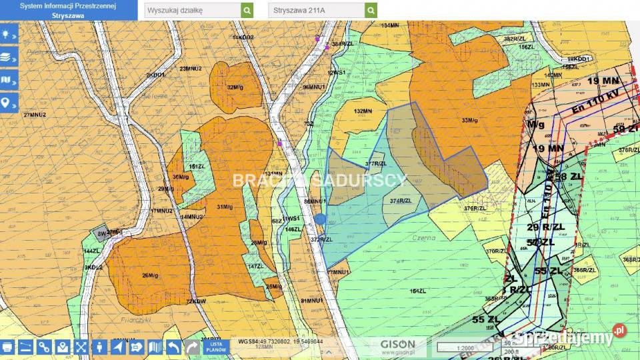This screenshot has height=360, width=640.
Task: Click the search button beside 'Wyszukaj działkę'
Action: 247,11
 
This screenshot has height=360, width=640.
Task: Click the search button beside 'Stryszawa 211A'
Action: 371,11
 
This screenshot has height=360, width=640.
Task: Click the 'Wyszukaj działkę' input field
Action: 193,11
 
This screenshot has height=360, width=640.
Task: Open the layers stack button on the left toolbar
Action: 9,57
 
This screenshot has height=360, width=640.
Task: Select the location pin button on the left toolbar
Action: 9,103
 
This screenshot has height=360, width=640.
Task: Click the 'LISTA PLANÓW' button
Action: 215,347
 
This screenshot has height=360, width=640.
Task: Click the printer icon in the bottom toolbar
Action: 7,347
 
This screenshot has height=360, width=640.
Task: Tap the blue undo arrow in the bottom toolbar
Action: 173,347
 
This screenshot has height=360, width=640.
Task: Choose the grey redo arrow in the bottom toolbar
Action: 191,347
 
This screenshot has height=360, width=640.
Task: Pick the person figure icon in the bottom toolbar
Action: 99,347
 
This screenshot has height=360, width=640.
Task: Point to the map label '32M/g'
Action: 233,87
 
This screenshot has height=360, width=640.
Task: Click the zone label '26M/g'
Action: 150,275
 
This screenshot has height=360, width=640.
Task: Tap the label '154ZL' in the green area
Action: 418,291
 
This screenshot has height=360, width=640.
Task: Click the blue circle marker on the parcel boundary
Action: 320,219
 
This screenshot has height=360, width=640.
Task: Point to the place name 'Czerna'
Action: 424,238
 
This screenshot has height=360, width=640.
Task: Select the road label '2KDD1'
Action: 155,75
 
